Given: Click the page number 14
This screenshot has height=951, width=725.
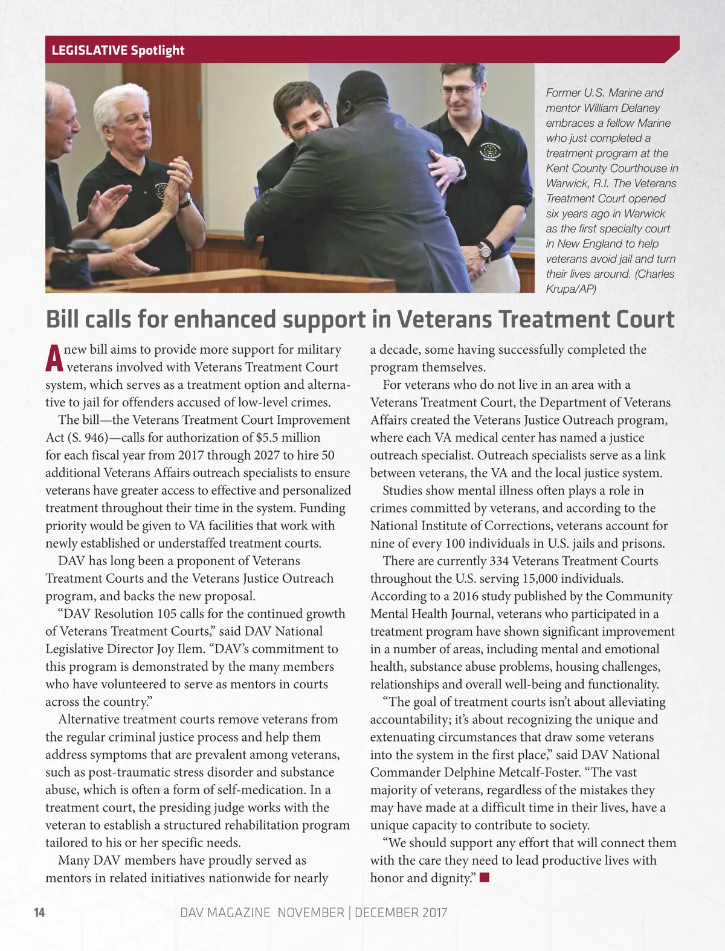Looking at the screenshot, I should [x=39, y=912].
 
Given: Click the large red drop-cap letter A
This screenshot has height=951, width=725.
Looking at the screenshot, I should [x=54, y=359].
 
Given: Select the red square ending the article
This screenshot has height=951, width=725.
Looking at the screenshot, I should [x=484, y=878].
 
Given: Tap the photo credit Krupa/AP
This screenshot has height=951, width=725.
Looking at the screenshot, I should [x=571, y=289].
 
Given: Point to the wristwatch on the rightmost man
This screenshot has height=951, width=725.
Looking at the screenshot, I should [x=484, y=249].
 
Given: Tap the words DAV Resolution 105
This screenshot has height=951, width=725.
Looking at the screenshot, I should [x=116, y=614].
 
